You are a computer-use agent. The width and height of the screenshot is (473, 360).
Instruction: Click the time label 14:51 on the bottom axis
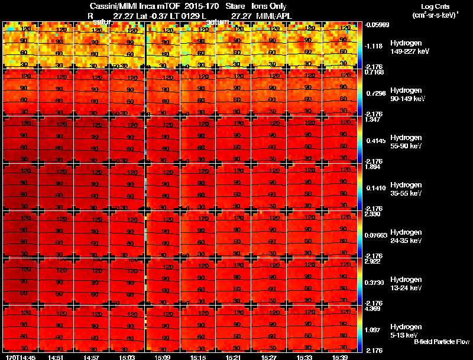tap(56, 357)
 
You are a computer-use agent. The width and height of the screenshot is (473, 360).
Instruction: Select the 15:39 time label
tap(340, 357)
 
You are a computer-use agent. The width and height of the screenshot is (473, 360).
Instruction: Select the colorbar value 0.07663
tap(377, 235)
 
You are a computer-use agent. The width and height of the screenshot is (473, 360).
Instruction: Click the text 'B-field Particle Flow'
tap(442, 342)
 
